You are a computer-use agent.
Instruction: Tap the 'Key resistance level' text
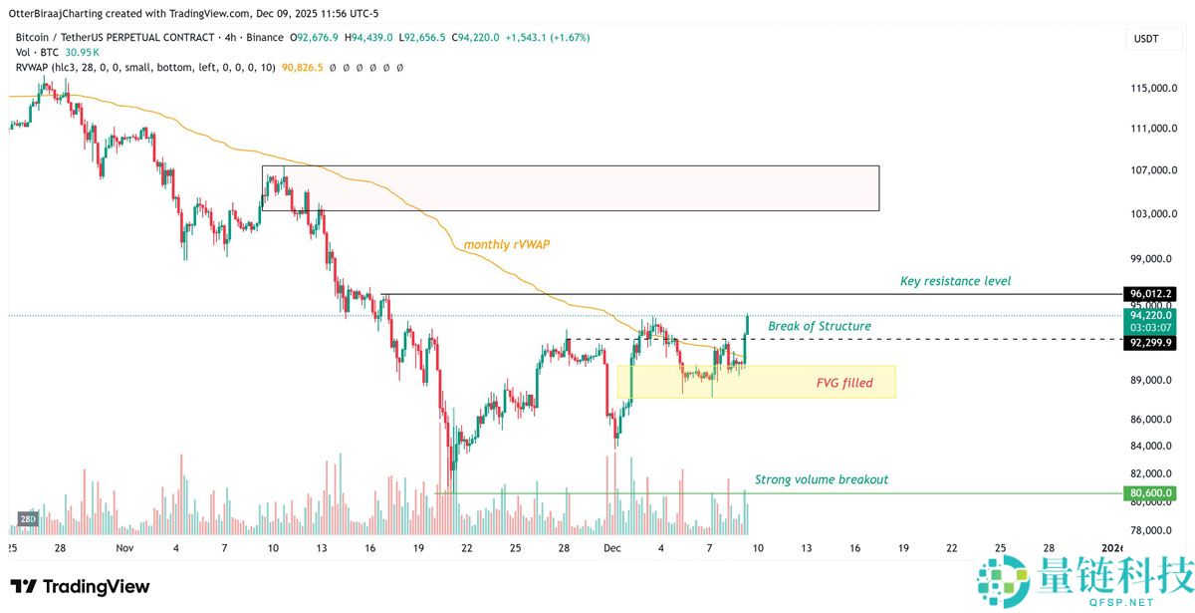point(955,281)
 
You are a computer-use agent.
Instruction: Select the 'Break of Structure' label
point(820,326)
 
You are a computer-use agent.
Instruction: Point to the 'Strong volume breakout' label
point(822,479)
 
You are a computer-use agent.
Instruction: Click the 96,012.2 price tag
point(1151,295)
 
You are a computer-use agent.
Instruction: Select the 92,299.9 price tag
point(1151,342)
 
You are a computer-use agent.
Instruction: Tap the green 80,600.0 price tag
point(1151,492)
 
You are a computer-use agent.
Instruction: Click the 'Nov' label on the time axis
point(123,548)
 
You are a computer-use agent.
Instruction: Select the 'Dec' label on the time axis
point(611,548)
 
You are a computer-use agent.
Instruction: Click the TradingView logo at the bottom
point(80,586)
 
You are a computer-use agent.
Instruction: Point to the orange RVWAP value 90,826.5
point(303,67)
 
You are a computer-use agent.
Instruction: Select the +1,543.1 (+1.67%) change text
point(548,37)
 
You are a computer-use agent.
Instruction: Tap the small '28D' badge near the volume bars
point(28,519)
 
